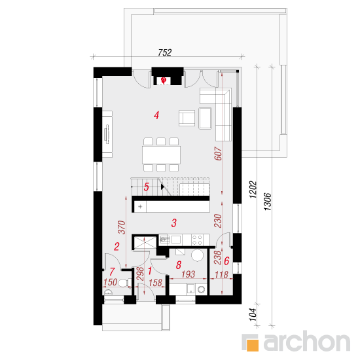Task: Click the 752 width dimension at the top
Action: pos(164,52)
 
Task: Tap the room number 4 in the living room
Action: pos(156,115)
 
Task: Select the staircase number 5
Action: pos(146,187)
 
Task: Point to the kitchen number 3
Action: pos(174,223)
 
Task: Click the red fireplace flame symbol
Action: pos(164,81)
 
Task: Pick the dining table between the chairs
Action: pos(161,154)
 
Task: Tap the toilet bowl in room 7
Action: pos(123,283)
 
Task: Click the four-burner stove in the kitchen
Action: pos(198,240)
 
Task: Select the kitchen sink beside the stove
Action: pos(170,240)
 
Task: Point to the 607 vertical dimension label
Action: pos(218,153)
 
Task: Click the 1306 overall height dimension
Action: pos(268,202)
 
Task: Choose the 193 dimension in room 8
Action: pos(189,274)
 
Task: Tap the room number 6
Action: pos(226,261)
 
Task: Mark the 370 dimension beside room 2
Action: pos(122,227)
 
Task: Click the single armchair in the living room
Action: pos(187,118)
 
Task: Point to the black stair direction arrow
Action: pos(163,187)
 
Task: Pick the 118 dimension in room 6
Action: pos(221,275)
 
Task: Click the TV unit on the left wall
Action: pos(107,134)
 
